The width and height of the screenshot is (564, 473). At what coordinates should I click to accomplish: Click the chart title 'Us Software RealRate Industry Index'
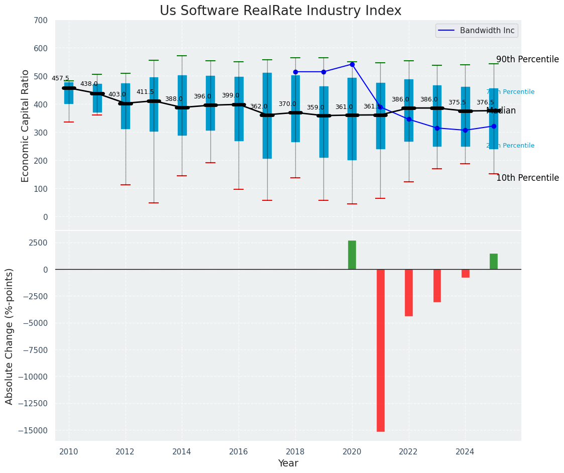280,11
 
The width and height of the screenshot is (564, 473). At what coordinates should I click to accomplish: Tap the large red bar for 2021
381,350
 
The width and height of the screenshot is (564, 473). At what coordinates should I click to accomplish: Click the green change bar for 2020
352,255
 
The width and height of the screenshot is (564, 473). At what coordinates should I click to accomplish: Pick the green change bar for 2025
494,262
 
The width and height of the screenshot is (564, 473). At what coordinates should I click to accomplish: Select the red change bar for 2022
409,292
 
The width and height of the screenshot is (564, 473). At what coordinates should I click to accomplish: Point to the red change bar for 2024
466,273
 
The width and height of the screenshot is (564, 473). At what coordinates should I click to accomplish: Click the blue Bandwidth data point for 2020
352,64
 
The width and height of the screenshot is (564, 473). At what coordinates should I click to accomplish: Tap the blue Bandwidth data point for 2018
295,72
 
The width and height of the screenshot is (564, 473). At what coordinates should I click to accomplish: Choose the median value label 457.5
60,78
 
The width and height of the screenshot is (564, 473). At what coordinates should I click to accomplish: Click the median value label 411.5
145,92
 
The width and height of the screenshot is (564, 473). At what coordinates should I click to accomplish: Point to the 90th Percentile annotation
527,59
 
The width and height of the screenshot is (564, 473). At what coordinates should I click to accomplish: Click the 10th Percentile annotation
527,178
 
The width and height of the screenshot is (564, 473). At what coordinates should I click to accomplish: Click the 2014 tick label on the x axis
182,451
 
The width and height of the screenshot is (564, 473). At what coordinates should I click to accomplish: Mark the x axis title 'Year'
288,463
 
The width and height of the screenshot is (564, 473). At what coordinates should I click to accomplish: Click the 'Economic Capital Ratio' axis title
26,125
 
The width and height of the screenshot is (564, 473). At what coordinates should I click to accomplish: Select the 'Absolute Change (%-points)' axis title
10,336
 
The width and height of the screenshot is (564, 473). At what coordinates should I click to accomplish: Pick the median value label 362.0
259,106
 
